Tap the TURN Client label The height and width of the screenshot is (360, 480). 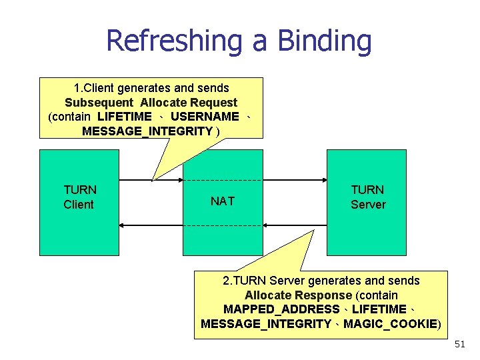(79, 197)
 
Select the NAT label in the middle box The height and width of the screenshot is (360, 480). (222, 201)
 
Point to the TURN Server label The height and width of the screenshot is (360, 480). (368, 197)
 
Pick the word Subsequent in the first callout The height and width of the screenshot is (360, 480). (98, 103)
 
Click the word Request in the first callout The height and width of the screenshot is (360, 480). (213, 103)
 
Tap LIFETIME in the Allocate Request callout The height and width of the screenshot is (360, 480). (125, 117)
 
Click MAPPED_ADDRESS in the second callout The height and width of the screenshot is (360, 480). (281, 309)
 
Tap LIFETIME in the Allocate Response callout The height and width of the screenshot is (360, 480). (379, 309)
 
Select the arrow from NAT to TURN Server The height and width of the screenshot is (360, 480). (294, 180)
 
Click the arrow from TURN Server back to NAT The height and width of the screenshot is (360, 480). (294, 225)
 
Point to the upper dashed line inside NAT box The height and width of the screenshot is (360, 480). (223, 180)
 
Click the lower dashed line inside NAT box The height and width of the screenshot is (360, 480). (223, 225)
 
